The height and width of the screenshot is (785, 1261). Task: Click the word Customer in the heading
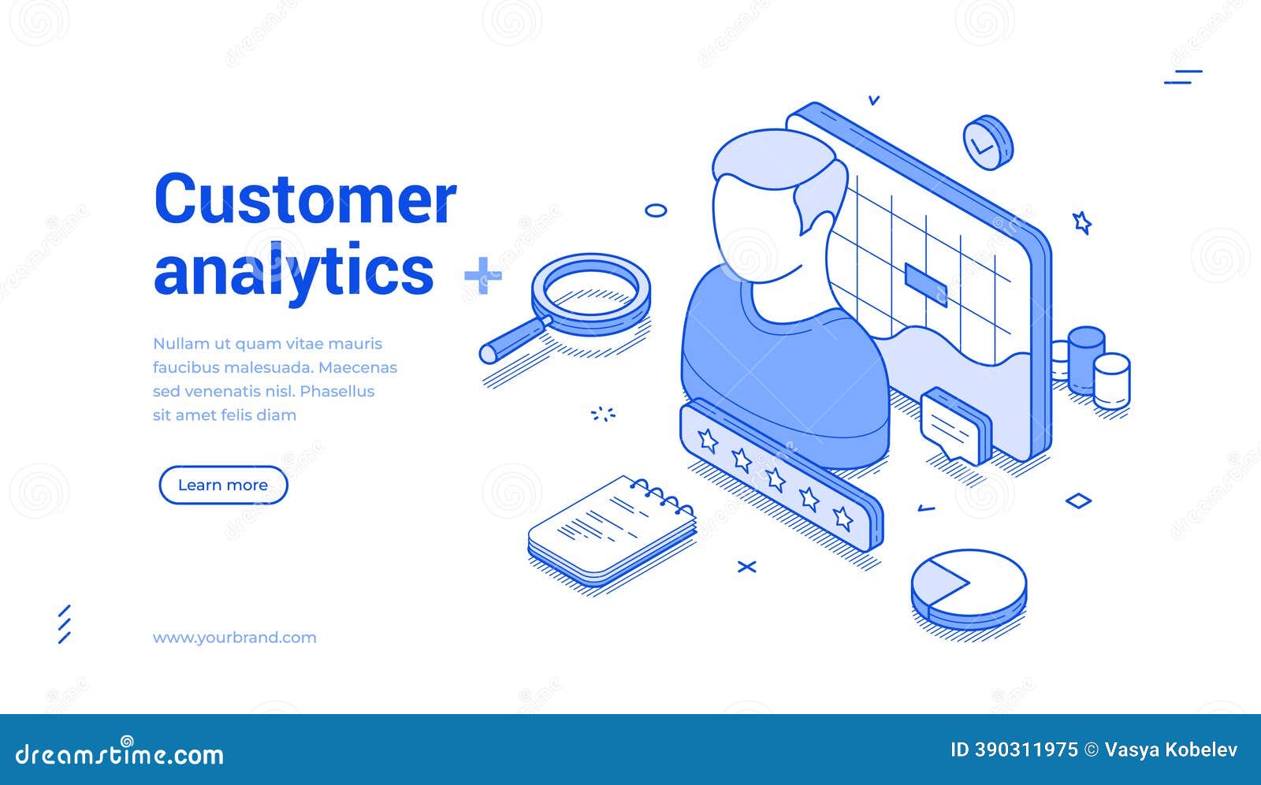(305, 199)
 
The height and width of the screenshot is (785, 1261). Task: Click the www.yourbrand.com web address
(234, 638)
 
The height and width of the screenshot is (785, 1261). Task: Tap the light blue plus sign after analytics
(482, 275)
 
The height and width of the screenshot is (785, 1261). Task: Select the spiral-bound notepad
(611, 528)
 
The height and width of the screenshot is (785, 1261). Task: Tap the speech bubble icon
(952, 426)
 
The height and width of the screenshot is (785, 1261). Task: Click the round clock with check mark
(986, 142)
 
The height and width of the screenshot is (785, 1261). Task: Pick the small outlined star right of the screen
(1081, 222)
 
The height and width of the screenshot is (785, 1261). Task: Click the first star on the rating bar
(708, 440)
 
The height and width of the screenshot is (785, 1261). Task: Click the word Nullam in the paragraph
(181, 344)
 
